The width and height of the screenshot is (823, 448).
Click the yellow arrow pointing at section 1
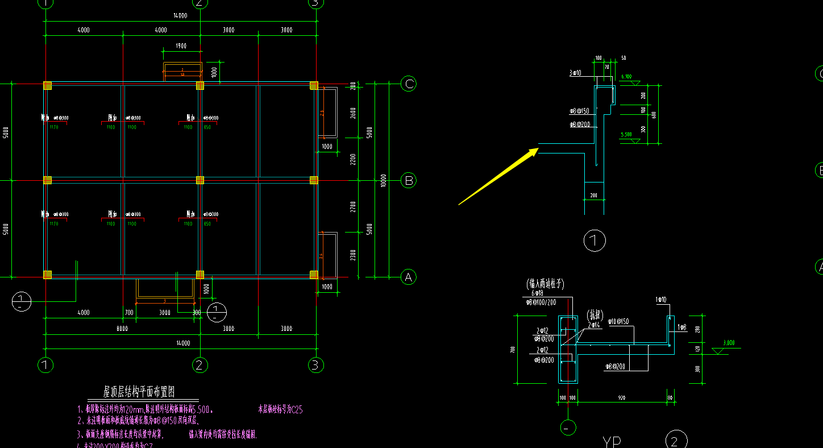point(498,176)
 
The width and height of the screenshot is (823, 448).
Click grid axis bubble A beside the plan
point(408,277)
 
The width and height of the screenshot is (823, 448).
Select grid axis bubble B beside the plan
point(408,181)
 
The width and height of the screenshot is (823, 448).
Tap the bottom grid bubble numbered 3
point(316,364)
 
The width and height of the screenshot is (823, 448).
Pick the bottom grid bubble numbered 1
point(45,364)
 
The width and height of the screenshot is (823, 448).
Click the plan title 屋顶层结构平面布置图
point(139,392)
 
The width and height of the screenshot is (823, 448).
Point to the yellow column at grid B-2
point(200,180)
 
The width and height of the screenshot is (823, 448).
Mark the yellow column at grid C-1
point(47,85)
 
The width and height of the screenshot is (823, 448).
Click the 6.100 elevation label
point(626,76)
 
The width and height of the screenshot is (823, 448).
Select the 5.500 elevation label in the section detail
point(626,135)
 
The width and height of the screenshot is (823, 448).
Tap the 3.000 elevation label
point(729,343)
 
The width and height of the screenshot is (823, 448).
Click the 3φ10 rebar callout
point(575,73)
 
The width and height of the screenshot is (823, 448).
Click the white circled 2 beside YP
point(676,441)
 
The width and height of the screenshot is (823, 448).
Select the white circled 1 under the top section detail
point(595,241)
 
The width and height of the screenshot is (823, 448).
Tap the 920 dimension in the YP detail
point(621,397)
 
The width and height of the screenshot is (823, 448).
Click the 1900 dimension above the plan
point(181,45)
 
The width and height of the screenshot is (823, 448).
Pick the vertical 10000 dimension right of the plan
point(383,181)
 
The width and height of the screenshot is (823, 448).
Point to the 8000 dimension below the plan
point(122,329)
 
